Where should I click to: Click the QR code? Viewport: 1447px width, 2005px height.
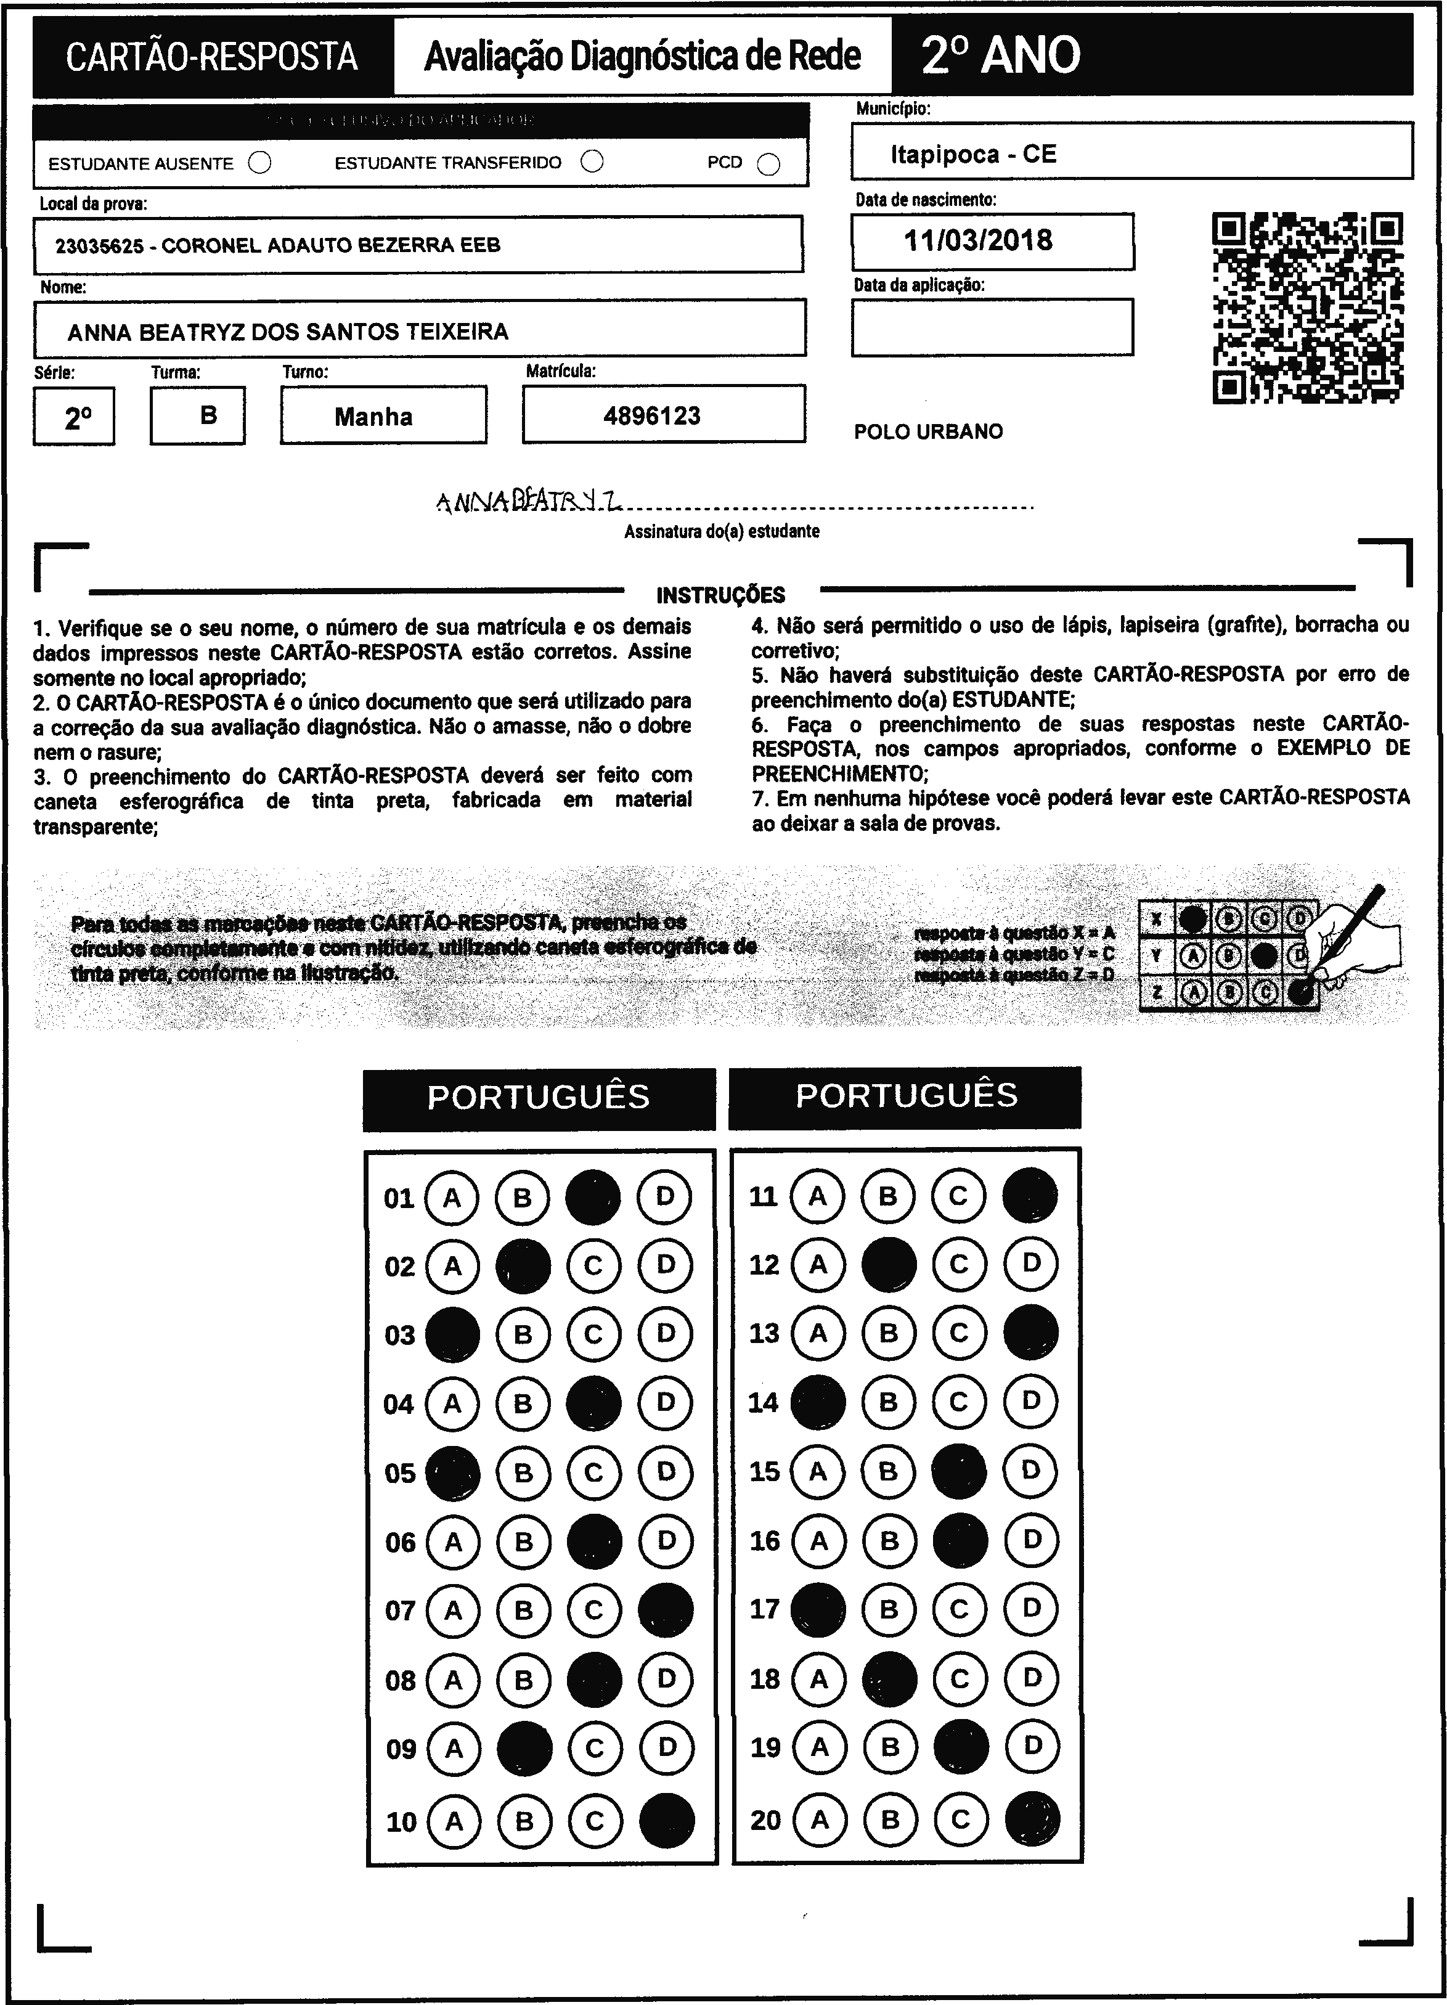[x=1307, y=308]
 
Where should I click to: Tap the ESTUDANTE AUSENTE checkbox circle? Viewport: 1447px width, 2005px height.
[x=260, y=163]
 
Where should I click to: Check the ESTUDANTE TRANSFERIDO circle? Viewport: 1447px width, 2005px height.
[x=592, y=161]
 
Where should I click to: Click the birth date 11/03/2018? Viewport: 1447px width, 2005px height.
[x=977, y=240]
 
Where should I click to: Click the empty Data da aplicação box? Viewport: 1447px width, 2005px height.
[x=992, y=327]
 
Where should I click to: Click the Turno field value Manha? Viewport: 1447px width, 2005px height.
[x=373, y=417]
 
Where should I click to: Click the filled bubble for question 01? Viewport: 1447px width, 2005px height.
[x=593, y=1197]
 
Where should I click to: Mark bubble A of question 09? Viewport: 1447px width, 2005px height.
[x=454, y=1748]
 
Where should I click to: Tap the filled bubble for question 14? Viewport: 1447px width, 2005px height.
[x=818, y=1402]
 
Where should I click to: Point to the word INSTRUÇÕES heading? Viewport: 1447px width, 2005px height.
[x=720, y=595]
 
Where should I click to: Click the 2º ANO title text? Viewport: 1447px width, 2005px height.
[x=1001, y=55]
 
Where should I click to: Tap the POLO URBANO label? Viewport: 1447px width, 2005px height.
[x=928, y=431]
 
